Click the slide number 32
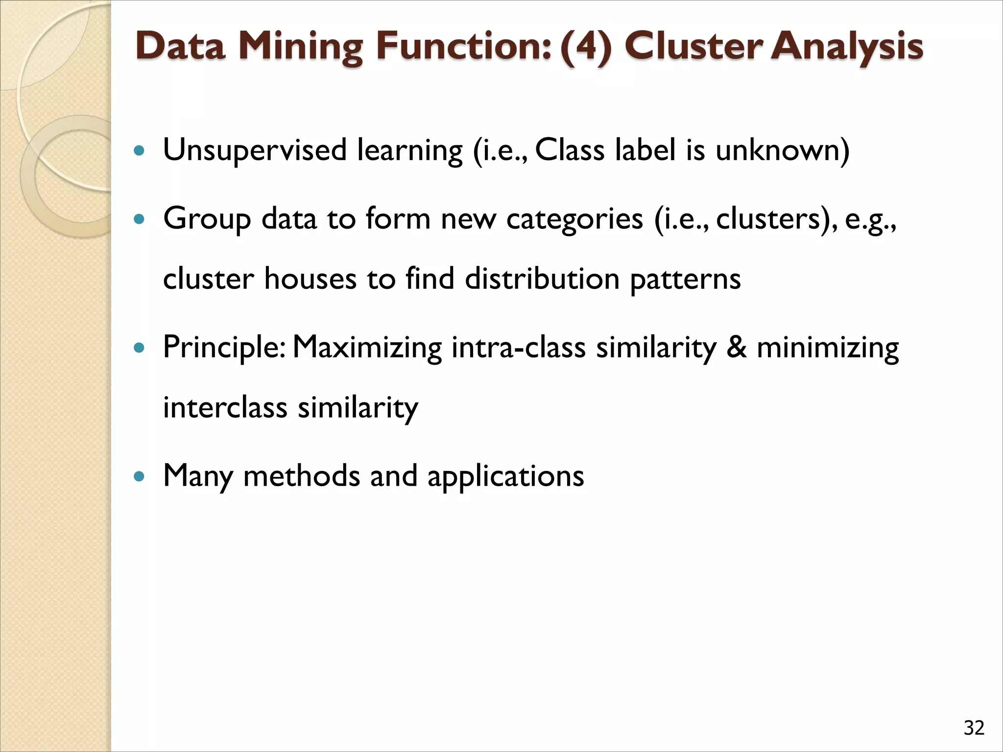(974, 728)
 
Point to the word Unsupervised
(255, 150)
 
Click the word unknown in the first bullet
(782, 150)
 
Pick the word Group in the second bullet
(207, 219)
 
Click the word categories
(574, 219)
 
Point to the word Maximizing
(367, 348)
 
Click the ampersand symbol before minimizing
(736, 347)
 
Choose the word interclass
(225, 407)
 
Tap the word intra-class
(519, 348)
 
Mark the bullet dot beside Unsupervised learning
(140, 151)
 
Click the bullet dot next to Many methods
(140, 475)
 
